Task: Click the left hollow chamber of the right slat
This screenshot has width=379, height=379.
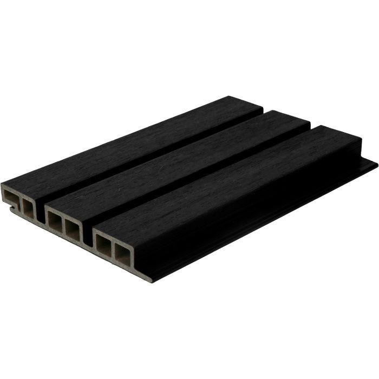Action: [102, 244]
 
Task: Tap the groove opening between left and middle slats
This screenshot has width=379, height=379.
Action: [41, 214]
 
